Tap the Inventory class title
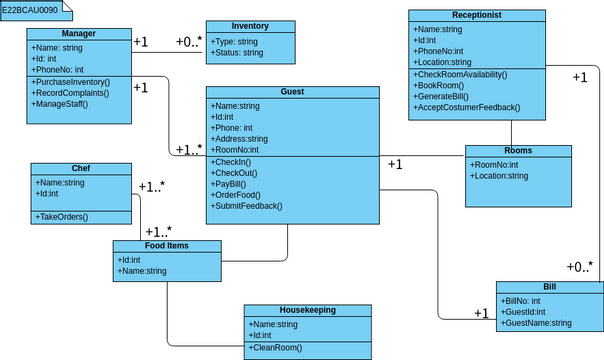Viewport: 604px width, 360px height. coord(249,26)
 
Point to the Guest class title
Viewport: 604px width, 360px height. coord(293,92)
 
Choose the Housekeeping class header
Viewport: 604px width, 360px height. coord(307,311)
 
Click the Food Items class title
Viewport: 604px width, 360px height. coord(166,245)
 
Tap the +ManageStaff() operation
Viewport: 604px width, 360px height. coord(61,103)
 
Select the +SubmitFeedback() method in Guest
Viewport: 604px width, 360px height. coord(247,206)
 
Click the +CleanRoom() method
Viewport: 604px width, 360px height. coord(276,347)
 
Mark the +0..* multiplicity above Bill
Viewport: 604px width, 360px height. coord(579,267)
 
